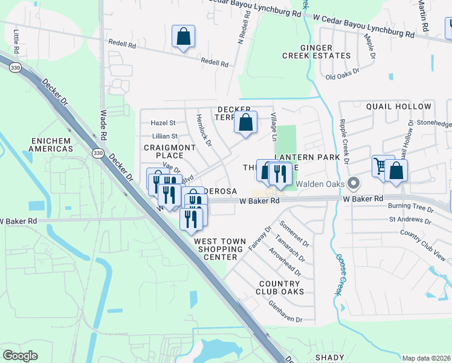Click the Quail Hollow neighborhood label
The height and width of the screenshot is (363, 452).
pyautogui.click(x=399, y=106)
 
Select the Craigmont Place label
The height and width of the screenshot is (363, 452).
pyautogui.click(x=170, y=151)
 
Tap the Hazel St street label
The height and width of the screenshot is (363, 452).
pyautogui.click(x=163, y=122)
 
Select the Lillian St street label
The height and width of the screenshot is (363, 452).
pyautogui.click(x=166, y=136)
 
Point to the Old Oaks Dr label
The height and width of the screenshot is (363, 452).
pyautogui.click(x=343, y=76)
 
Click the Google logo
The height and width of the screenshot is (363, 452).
pyautogui.click(x=20, y=356)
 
